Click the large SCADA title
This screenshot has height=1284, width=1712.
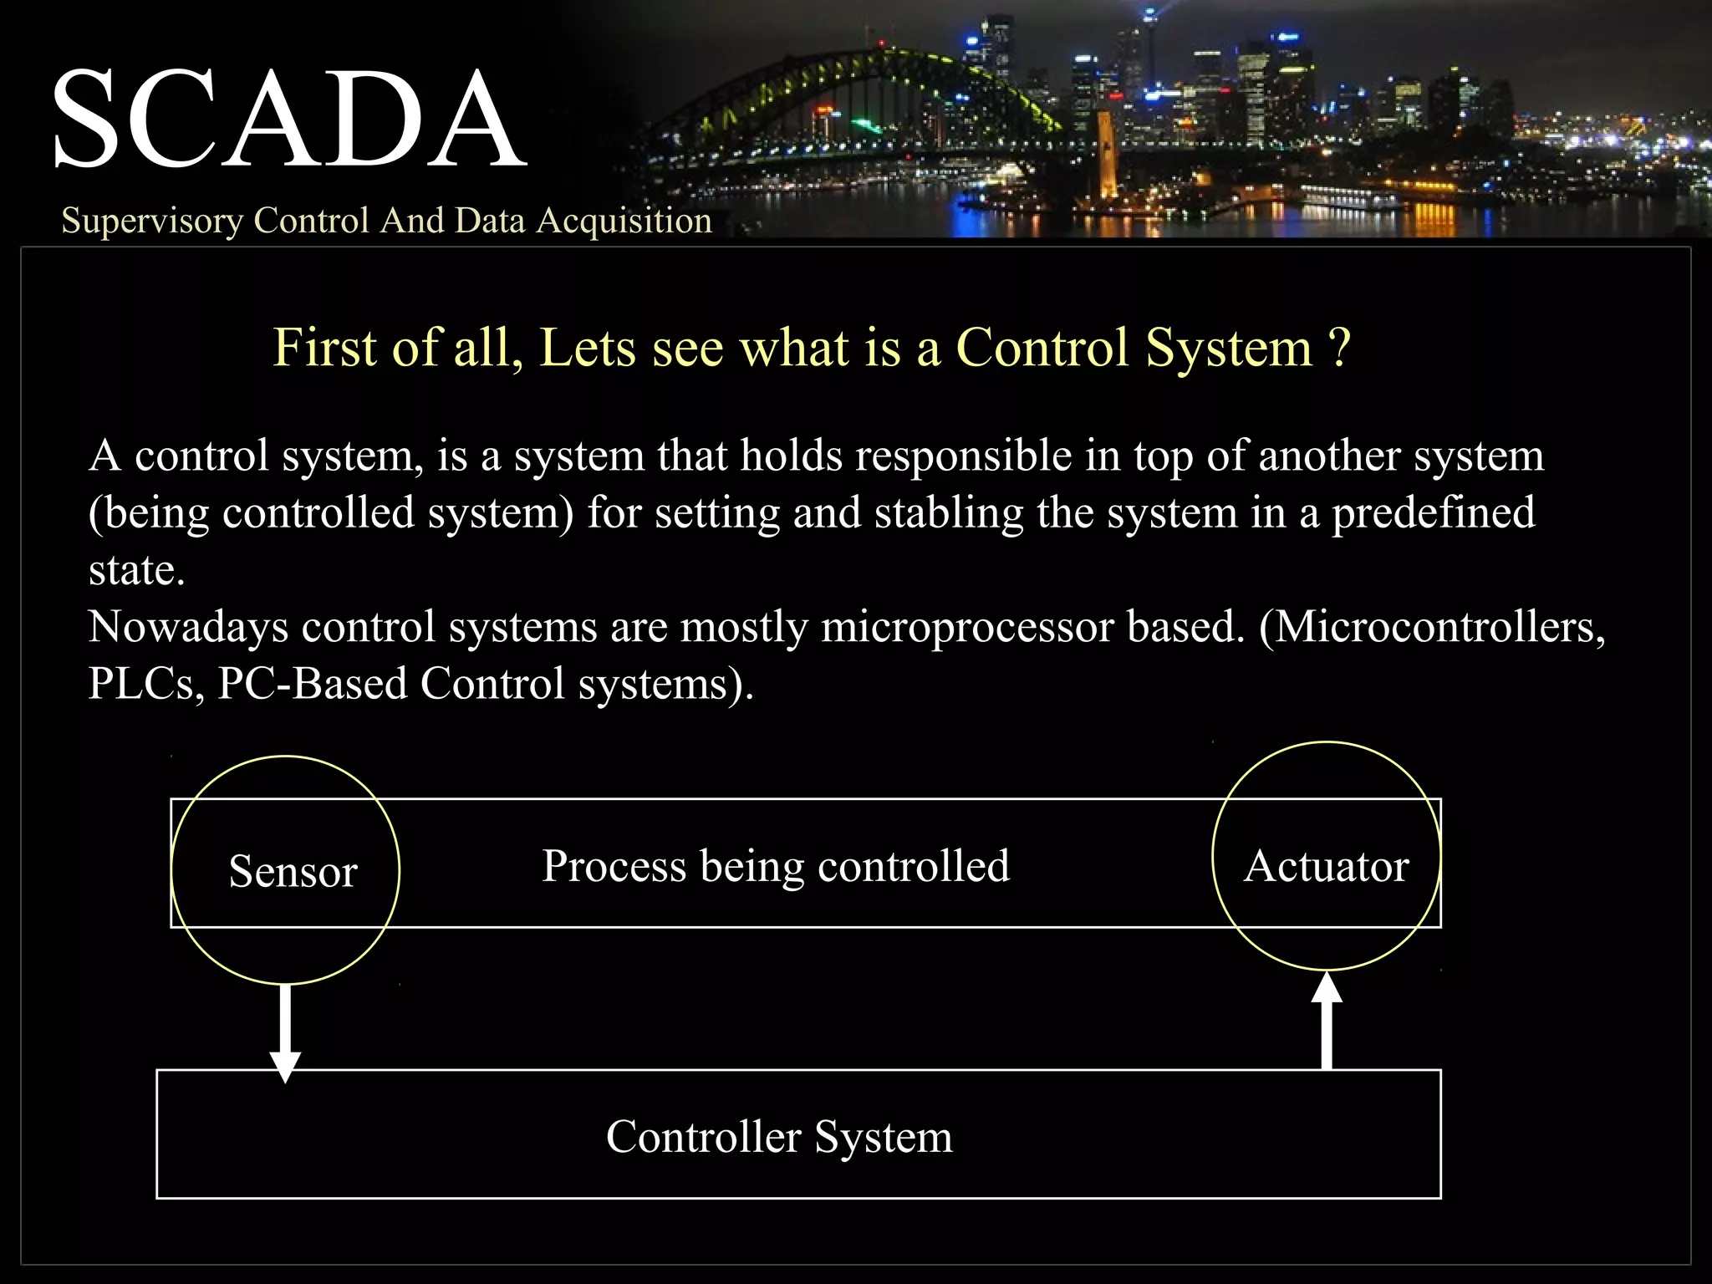click(x=288, y=120)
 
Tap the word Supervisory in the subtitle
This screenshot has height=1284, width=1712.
click(x=151, y=221)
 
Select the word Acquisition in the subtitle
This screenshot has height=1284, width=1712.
click(x=624, y=221)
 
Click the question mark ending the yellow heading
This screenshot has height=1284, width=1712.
click(x=1339, y=348)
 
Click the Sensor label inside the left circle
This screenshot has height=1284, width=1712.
click(x=293, y=871)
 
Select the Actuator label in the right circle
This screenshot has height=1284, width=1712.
click(x=1326, y=866)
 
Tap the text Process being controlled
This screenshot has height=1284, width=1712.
click(x=776, y=866)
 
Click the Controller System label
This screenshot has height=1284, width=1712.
click(x=779, y=1137)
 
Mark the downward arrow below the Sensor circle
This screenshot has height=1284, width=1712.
click(x=285, y=1037)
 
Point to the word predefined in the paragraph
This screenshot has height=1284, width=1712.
click(x=1433, y=513)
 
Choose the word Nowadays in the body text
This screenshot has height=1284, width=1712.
click(x=188, y=627)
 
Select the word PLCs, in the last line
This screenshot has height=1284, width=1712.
click(x=146, y=684)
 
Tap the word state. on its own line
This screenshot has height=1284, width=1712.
click(x=136, y=571)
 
